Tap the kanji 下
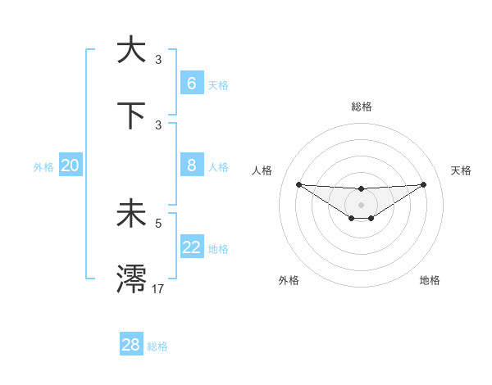click(131, 115)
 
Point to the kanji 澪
click(131, 279)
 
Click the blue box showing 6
click(191, 83)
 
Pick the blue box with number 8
click(191, 165)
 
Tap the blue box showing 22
click(191, 247)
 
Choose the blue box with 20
click(70, 165)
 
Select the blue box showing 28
click(130, 345)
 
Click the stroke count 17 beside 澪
click(158, 288)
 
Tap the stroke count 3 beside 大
click(158, 59)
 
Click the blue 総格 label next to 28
click(157, 346)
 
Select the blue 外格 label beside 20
click(43, 166)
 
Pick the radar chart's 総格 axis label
click(361, 106)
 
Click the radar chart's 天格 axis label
click(461, 170)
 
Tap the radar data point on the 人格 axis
click(298, 184)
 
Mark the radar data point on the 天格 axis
click(424, 184)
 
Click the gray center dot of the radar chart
click(361, 205)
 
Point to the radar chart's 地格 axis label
click(430, 280)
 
